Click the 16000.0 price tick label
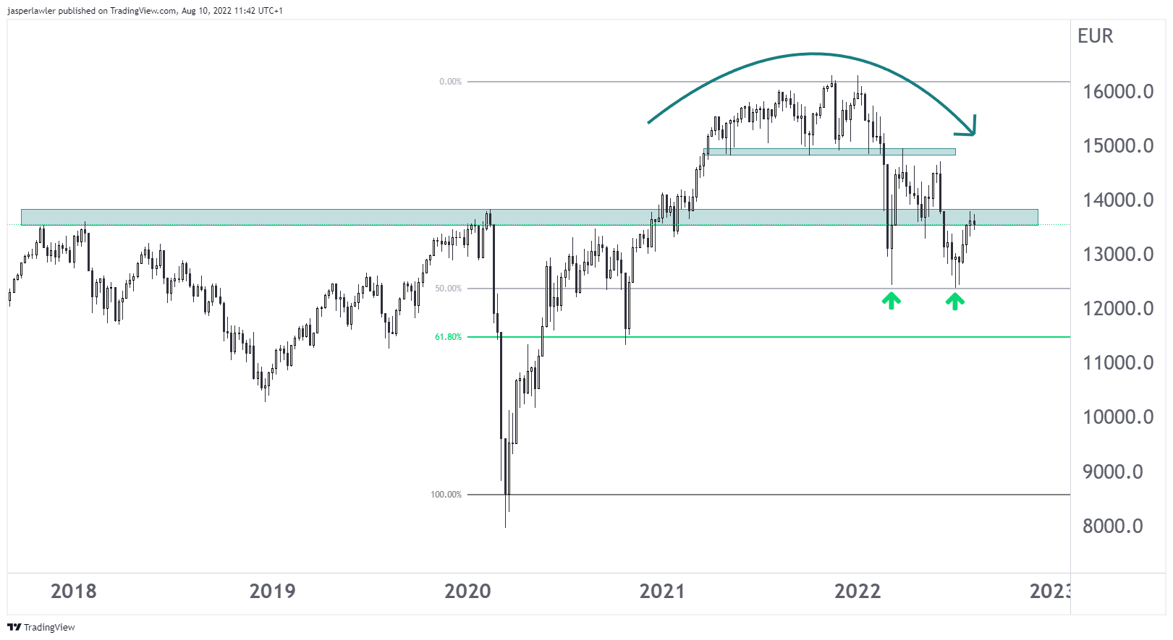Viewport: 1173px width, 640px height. (1117, 92)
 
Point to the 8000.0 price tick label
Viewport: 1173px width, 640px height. (1112, 526)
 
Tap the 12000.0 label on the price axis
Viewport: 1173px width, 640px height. (1117, 309)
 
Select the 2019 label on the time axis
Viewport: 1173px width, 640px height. (272, 592)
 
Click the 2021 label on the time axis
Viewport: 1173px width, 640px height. (662, 592)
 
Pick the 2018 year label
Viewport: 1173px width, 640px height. (73, 592)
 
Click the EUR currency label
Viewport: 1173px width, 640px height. (1095, 36)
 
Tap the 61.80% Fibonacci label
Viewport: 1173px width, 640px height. (448, 337)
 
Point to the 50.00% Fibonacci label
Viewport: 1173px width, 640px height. (448, 289)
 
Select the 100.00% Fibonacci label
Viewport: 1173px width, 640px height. (446, 495)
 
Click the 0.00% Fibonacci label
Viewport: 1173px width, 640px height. (450, 82)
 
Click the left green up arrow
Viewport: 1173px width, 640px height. (891, 301)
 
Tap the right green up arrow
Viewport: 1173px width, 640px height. (954, 301)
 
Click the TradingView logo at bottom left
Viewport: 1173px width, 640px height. (41, 627)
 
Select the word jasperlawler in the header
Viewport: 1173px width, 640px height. (31, 11)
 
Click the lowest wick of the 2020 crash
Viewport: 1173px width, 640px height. (505, 526)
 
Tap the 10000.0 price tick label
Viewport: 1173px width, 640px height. (1117, 417)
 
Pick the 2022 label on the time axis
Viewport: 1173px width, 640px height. (857, 592)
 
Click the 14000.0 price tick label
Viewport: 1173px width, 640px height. (1117, 200)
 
